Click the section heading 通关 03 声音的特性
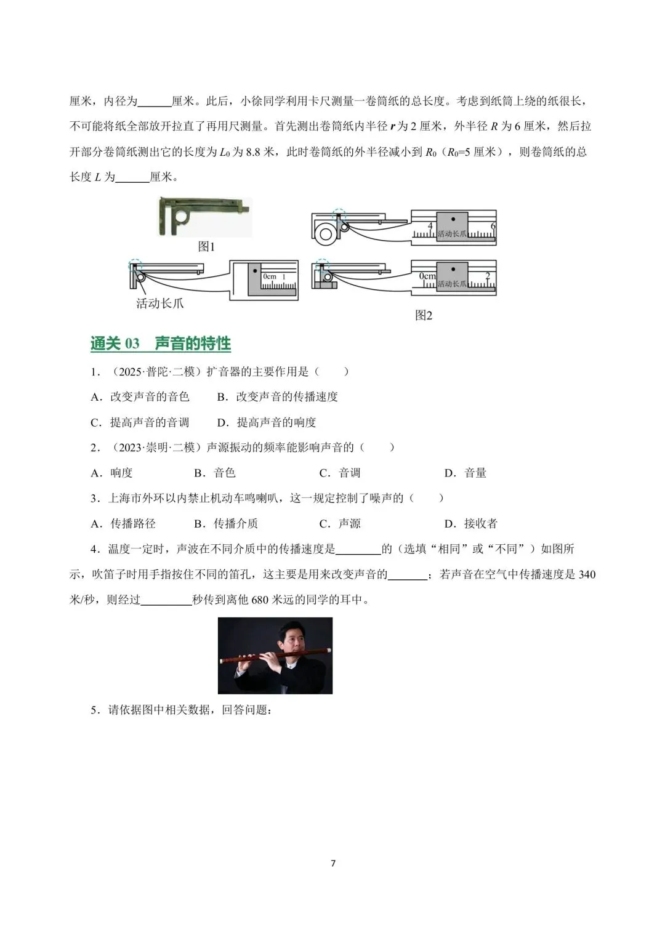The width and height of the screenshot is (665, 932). pyautogui.click(x=161, y=343)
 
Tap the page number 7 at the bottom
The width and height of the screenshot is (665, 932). pyautogui.click(x=333, y=863)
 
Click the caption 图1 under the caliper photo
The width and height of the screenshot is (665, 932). pyautogui.click(x=206, y=246)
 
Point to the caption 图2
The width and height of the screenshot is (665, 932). pyautogui.click(x=424, y=315)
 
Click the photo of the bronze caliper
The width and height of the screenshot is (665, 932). pyautogui.click(x=204, y=216)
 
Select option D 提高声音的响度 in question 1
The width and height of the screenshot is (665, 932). pyautogui.click(x=267, y=422)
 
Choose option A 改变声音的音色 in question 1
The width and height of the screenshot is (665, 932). pyautogui.click(x=140, y=397)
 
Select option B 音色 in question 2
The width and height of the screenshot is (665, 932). pyautogui.click(x=215, y=473)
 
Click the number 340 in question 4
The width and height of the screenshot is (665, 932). pyautogui.click(x=587, y=574)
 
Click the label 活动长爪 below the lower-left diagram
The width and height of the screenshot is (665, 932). pyautogui.click(x=159, y=303)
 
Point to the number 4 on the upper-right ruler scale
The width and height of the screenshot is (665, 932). pyautogui.click(x=430, y=227)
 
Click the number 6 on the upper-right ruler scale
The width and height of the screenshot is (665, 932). pyautogui.click(x=493, y=227)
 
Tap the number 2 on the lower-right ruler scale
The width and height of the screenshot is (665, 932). pyautogui.click(x=487, y=276)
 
